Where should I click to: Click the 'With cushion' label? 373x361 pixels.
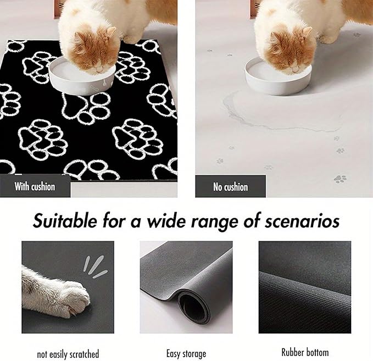tap(35, 186)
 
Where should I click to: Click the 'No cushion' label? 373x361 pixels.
tap(231, 187)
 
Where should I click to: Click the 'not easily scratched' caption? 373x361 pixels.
tap(68, 353)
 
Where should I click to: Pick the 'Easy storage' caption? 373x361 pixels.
tap(186, 353)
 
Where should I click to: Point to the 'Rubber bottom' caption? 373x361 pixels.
tap(304, 352)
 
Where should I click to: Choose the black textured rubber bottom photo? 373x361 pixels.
tap(304, 287)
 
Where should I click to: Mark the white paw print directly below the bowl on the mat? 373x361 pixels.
tap(85, 107)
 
